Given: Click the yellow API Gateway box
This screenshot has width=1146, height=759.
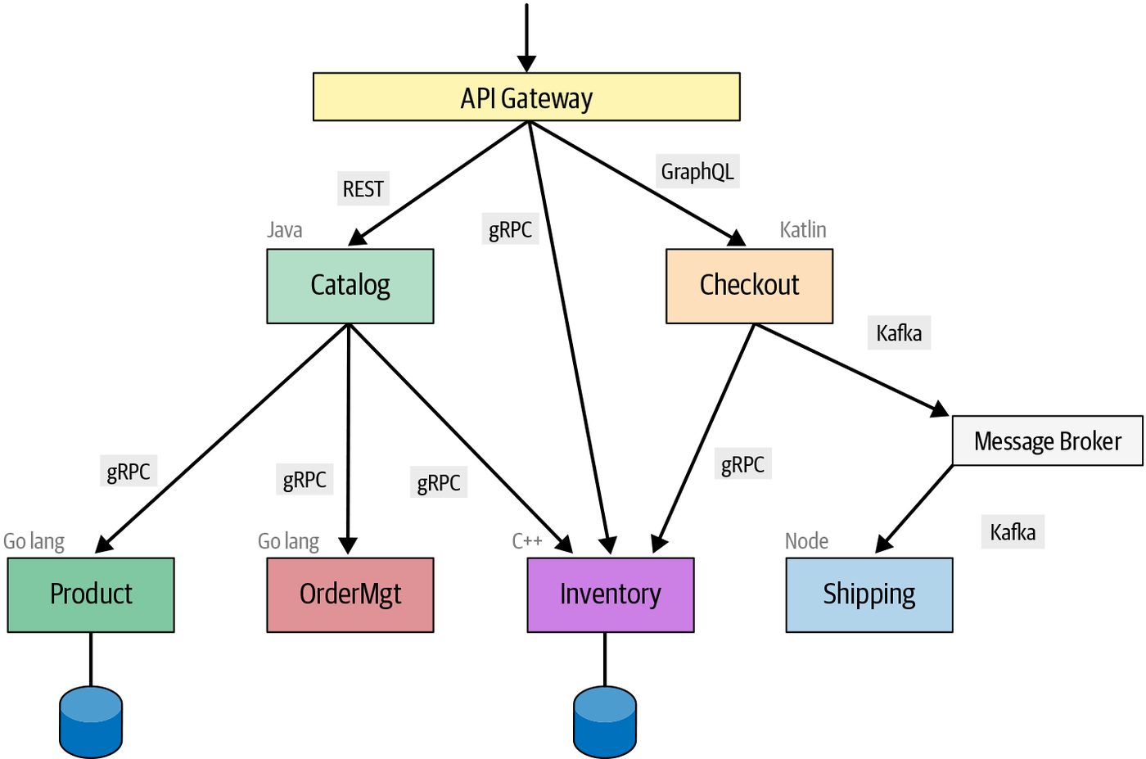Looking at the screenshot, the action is click(526, 97).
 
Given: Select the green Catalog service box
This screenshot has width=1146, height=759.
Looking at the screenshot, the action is click(350, 286).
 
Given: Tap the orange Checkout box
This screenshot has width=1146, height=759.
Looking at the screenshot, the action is click(749, 286).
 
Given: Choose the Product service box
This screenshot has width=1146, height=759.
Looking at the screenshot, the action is click(91, 594).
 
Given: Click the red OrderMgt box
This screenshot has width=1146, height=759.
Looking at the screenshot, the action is click(350, 594).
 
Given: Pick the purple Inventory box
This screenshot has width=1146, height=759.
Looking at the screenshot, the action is click(611, 594).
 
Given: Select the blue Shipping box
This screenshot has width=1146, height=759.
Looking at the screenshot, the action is click(869, 594).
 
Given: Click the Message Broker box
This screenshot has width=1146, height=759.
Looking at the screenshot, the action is click(1047, 440).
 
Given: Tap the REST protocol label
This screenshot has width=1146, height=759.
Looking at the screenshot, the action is click(363, 189).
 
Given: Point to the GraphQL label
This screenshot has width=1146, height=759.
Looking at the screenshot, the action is click(697, 171).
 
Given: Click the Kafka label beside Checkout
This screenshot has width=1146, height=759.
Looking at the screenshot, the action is click(899, 333).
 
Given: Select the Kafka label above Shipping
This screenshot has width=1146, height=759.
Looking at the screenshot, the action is click(1013, 532).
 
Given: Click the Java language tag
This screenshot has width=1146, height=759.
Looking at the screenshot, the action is click(285, 230).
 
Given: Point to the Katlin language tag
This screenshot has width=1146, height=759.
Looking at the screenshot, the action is click(803, 230).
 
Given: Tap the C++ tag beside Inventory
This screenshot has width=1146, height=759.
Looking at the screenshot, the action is click(527, 541).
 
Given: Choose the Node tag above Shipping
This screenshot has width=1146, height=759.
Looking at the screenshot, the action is click(806, 541).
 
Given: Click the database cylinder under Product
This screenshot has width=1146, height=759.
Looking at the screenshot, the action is click(91, 722).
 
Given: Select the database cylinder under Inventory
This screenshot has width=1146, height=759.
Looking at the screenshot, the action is click(605, 722).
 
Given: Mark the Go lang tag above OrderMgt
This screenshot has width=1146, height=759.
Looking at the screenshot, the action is click(288, 541).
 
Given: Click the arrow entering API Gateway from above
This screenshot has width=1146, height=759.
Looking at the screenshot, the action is click(526, 38).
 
